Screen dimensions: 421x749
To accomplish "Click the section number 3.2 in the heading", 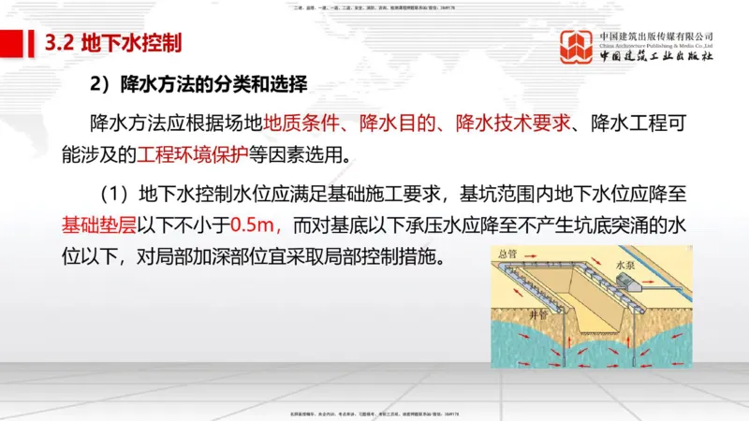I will pyautogui.click(x=60, y=44).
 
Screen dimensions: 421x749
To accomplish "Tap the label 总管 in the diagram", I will pyautogui.click(x=510, y=254).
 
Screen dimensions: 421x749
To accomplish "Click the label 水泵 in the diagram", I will pyautogui.click(x=626, y=266).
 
